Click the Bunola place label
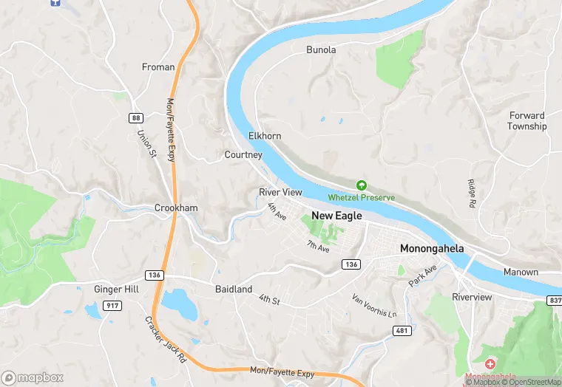click(x=321, y=50)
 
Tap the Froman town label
click(x=158, y=67)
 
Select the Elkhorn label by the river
click(x=265, y=137)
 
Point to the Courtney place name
click(x=243, y=155)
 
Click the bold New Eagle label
click(x=336, y=216)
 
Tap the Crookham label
click(x=176, y=208)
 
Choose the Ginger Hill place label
click(x=116, y=290)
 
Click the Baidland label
click(x=234, y=290)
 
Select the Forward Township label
click(x=527, y=121)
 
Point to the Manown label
click(x=521, y=273)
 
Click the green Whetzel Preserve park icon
click(x=362, y=185)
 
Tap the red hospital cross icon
click(x=490, y=365)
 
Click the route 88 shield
click(x=135, y=118)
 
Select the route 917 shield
click(x=112, y=306)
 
